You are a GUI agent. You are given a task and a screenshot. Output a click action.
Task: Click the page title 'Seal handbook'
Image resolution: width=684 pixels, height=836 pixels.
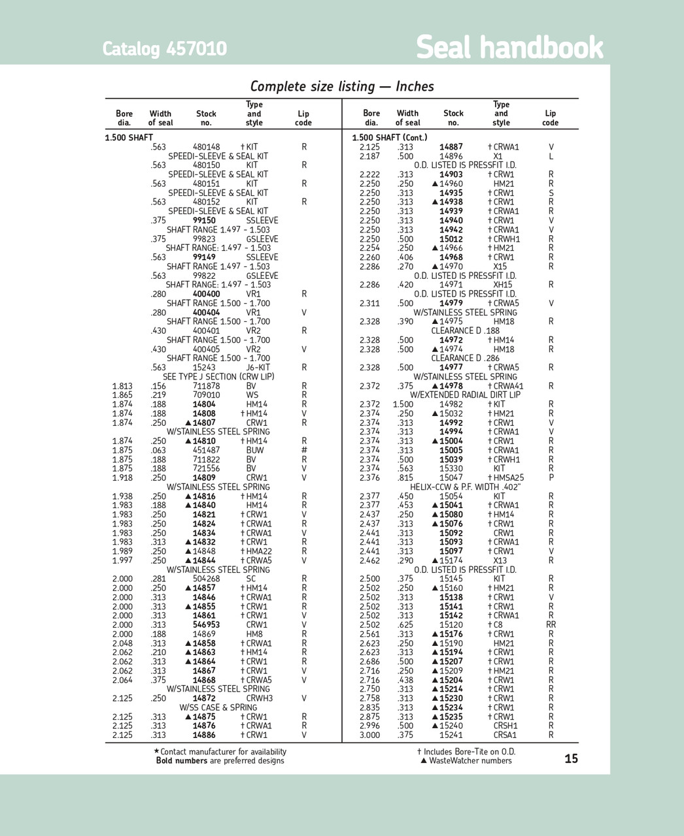[x=509, y=47]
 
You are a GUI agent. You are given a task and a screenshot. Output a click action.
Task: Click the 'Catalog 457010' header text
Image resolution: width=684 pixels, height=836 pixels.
[x=164, y=49]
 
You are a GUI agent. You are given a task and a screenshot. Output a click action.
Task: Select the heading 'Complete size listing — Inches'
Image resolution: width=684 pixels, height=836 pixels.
[x=342, y=86]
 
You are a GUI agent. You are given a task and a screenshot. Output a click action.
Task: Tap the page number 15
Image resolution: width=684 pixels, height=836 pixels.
[x=571, y=758]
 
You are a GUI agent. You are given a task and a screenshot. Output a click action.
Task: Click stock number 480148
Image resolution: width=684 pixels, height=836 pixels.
[x=206, y=147]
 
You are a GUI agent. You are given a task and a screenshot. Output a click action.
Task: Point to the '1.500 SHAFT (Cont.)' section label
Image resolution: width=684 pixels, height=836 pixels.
[x=389, y=137]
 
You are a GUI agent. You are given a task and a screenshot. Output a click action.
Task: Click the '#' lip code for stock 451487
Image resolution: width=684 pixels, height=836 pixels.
[x=304, y=450]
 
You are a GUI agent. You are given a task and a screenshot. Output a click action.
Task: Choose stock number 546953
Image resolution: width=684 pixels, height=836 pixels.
[x=206, y=624]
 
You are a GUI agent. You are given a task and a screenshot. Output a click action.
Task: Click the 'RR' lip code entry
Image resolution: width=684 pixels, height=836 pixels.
[x=551, y=624]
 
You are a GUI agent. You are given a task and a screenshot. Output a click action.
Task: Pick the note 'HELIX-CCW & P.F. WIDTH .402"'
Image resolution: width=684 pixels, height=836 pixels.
[x=465, y=487]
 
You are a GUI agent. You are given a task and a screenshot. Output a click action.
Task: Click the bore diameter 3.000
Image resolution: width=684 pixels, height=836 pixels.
[x=369, y=735]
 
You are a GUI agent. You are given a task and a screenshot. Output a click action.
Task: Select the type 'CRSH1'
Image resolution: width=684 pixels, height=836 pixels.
[x=505, y=726]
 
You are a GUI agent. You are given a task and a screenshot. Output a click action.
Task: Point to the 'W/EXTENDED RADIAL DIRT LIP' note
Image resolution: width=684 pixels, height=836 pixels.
[x=465, y=395]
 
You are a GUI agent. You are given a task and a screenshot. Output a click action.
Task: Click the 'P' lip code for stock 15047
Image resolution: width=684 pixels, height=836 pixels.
[x=551, y=477]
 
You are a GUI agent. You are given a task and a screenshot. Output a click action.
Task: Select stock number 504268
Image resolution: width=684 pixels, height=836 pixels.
[x=206, y=579]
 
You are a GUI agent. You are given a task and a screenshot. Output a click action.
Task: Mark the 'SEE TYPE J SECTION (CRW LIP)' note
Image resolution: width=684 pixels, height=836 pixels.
[x=218, y=377]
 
